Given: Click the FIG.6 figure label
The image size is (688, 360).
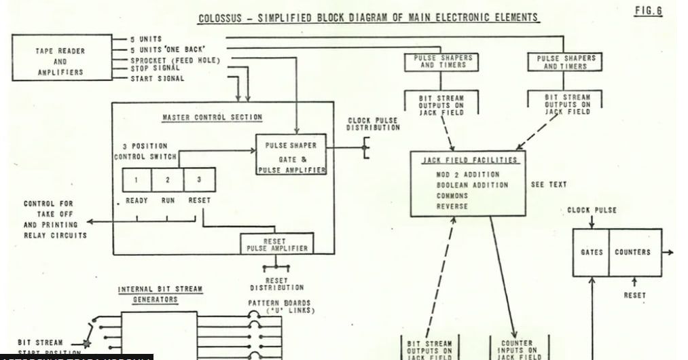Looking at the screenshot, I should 648,12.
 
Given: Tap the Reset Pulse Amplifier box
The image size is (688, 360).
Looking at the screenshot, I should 276,245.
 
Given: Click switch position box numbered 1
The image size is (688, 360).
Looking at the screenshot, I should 137,180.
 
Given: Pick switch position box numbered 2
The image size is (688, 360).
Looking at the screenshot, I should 168,180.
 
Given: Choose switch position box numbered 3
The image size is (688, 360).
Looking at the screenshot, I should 199,180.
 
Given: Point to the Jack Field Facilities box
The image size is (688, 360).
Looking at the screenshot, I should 468,183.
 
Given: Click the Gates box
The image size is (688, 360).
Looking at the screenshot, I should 592,252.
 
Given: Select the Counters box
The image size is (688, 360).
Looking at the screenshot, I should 632,252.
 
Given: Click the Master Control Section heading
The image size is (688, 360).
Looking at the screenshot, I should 212,118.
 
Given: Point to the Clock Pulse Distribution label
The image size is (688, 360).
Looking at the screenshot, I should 374,124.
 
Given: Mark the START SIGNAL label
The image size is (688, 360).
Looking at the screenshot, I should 157,79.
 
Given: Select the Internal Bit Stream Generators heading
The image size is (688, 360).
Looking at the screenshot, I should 160,294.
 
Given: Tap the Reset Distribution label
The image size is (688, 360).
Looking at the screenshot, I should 276,284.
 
